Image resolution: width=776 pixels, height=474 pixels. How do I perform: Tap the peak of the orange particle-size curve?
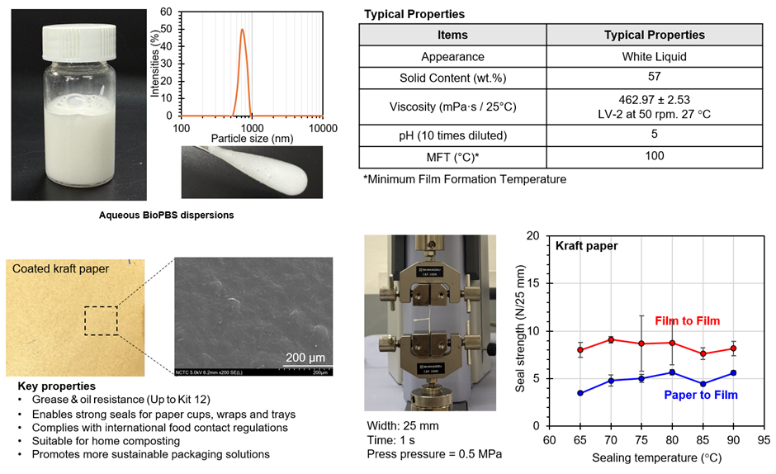242,31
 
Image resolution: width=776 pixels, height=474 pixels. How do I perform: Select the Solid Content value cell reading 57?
654,78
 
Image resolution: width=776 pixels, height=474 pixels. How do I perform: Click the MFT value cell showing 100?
654,156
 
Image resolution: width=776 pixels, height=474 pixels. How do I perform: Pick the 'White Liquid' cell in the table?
654,57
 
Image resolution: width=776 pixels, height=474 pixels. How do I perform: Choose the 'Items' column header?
452,36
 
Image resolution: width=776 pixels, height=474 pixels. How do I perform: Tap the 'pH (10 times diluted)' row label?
452,134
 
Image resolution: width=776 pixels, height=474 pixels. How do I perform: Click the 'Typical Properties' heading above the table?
414,14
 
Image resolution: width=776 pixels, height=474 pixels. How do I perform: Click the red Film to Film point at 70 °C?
610,339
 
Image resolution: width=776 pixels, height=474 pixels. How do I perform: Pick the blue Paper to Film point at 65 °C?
580,393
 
